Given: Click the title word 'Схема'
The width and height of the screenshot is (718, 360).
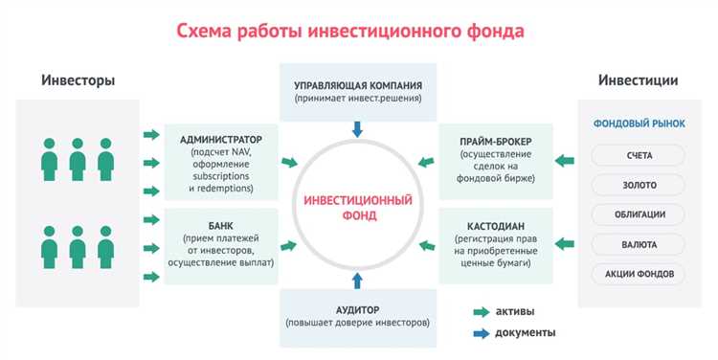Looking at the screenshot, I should point(207,31).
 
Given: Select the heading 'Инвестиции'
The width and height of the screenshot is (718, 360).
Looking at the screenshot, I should point(638,80).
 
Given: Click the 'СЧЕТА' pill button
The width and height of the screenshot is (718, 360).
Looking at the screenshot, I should point(639,155).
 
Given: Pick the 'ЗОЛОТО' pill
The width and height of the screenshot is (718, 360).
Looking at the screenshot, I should point(639,185).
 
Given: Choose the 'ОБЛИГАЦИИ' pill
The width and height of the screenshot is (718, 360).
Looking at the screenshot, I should point(639,214).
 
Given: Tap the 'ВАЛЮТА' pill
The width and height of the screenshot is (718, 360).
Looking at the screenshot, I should point(639,244).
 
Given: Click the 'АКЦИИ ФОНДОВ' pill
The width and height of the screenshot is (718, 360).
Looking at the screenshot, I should point(639,274).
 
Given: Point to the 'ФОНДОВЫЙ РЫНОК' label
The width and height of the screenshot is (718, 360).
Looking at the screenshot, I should point(639,123).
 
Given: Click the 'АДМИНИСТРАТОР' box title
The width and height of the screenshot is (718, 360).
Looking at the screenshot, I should point(220,139).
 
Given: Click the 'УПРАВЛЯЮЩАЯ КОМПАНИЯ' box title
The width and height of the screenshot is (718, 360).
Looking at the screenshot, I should point(357,84).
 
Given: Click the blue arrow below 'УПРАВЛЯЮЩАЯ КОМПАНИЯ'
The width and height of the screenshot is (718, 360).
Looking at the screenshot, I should point(357,127).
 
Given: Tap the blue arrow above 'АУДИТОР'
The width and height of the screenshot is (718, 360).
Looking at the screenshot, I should point(357,280).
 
